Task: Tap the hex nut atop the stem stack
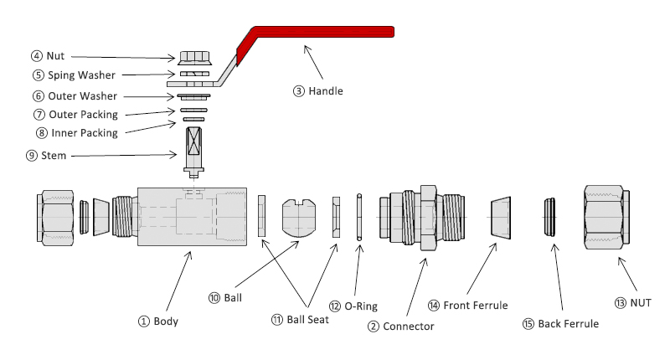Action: [x=194, y=58]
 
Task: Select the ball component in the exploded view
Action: [x=299, y=217]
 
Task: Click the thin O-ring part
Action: [x=358, y=217]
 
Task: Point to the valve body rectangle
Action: [x=192, y=216]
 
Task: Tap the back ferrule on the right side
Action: [x=550, y=218]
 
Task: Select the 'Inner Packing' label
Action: [x=84, y=132]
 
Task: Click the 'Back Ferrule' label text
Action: [x=568, y=323]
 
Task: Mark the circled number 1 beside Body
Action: [x=143, y=321]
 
